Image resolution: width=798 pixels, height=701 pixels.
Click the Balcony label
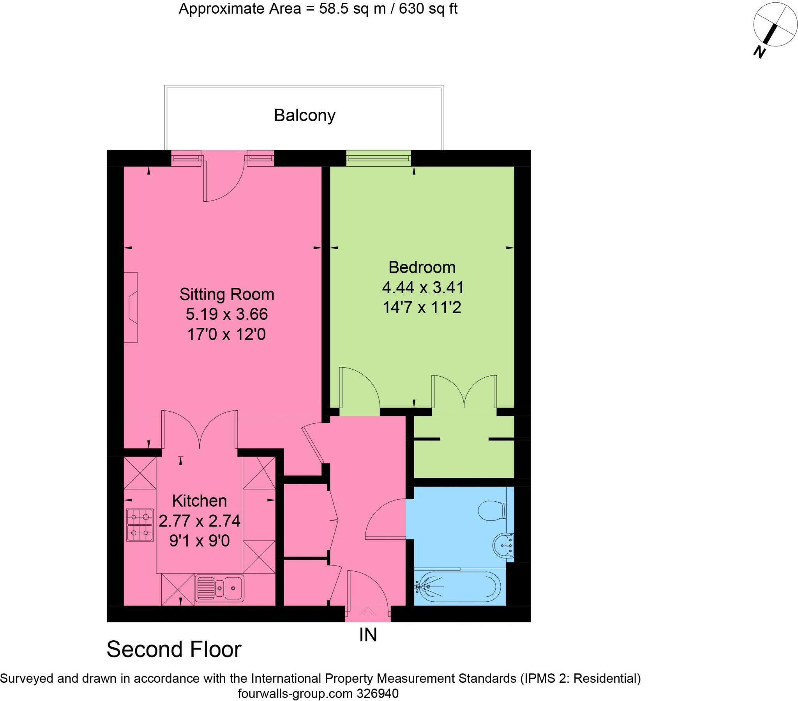(x=305, y=116)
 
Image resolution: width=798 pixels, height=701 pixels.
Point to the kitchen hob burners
(x=140, y=525)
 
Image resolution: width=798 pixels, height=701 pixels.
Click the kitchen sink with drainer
(x=219, y=587)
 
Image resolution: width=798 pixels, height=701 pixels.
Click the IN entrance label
(x=368, y=635)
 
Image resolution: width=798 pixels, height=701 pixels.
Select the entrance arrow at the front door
(x=367, y=614)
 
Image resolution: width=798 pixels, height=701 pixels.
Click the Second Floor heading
(x=174, y=650)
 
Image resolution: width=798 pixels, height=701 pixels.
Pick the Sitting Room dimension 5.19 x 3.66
(x=227, y=314)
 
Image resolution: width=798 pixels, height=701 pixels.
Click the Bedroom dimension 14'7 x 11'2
(x=422, y=307)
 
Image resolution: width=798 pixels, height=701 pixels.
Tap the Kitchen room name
(x=199, y=500)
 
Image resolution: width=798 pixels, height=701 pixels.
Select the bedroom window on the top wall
(x=378, y=158)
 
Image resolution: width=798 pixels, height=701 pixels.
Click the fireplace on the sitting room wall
(x=131, y=308)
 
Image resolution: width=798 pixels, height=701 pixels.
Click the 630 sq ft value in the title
(x=422, y=9)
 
